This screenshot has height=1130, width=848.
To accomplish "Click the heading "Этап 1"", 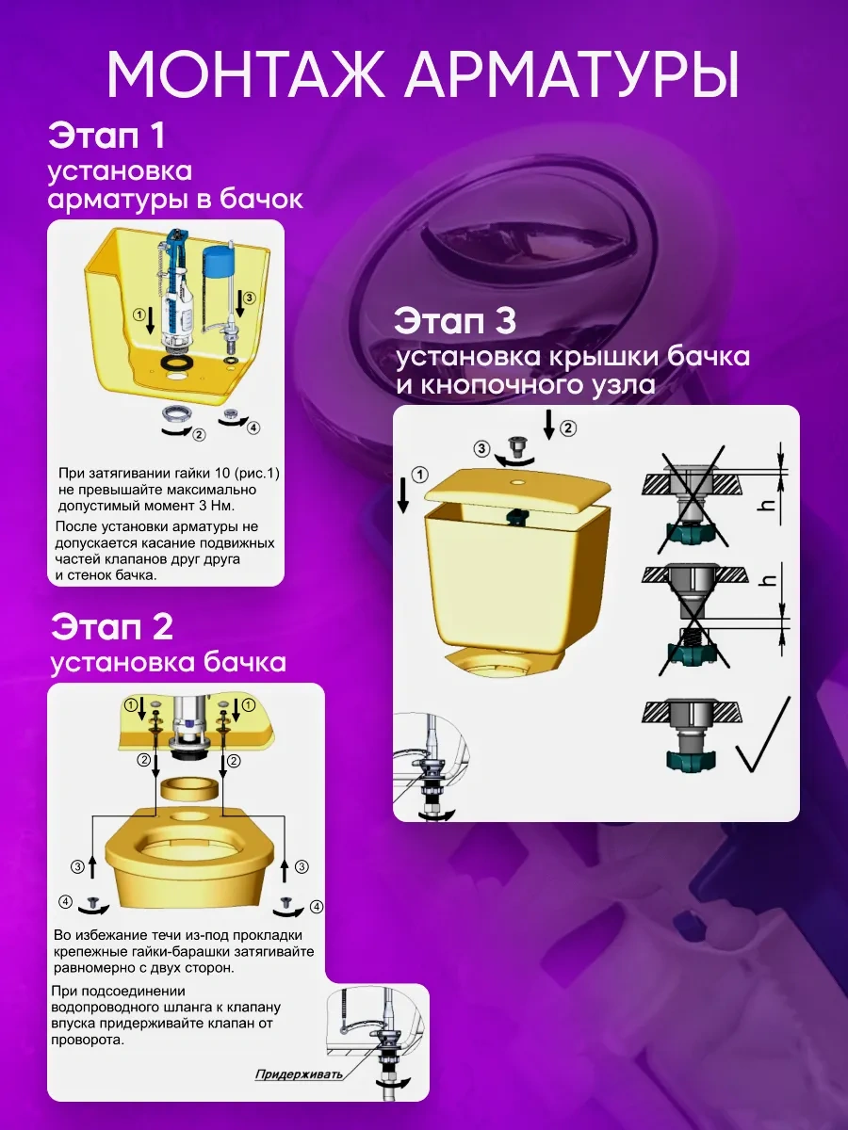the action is pyautogui.click(x=106, y=135).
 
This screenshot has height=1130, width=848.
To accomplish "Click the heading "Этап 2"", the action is pyautogui.click(x=111, y=626).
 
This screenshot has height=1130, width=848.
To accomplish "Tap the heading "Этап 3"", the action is pyautogui.click(x=455, y=321).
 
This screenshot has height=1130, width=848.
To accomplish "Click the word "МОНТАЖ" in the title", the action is pyautogui.click(x=246, y=73).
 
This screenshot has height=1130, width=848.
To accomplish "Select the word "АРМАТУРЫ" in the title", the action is pyautogui.click(x=572, y=73).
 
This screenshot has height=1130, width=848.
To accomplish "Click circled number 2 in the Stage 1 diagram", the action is pyautogui.click(x=199, y=435).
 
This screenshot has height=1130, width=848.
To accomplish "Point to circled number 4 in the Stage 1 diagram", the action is pyautogui.click(x=253, y=428).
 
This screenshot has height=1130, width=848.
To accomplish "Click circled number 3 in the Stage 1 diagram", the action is pyautogui.click(x=249, y=298).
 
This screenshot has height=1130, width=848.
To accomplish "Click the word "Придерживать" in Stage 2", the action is pyautogui.click(x=299, y=1074).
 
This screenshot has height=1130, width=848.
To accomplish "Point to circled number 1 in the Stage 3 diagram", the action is pyautogui.click(x=420, y=475).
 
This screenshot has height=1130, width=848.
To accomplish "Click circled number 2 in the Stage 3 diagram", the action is pyautogui.click(x=568, y=428).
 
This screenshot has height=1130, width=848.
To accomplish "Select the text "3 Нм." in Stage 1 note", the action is pyautogui.click(x=217, y=506).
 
